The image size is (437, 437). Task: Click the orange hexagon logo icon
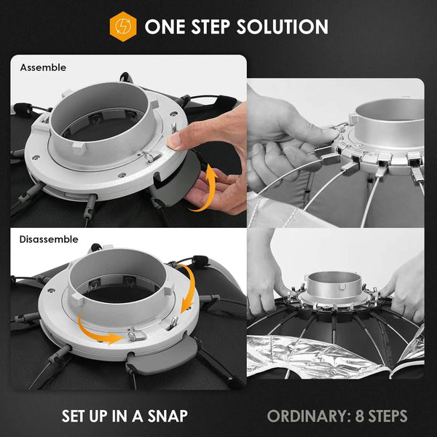pyautogui.click(x=123, y=26)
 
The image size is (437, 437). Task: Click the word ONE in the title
pyautogui.click(x=165, y=27)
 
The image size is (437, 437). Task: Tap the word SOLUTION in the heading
pyautogui.click(x=283, y=27)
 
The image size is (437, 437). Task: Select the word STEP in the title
pyautogui.click(x=210, y=27)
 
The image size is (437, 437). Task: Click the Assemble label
pyautogui.click(x=43, y=68)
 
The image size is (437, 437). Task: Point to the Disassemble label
pyautogui.click(x=49, y=239)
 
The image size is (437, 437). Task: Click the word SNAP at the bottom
pyautogui.click(x=168, y=416)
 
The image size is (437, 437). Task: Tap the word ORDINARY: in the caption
pyautogui.click(x=309, y=416)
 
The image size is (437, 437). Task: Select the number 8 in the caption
pyautogui.click(x=360, y=416)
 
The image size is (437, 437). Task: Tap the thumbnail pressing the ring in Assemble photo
pyautogui.click(x=174, y=140)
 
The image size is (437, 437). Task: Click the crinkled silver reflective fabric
pyautogui.click(x=307, y=357)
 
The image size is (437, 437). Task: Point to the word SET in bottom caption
pyautogui.click(x=74, y=416)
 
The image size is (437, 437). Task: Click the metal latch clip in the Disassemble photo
pyautogui.click(x=137, y=336)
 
